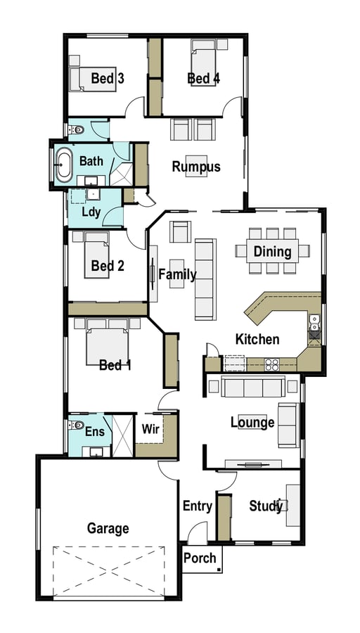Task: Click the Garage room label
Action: [x=108, y=528]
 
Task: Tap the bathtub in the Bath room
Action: [x=64, y=165]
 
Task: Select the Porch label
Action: [x=200, y=558]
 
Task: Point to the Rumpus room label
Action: [x=196, y=167]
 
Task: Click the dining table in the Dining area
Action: [x=272, y=250]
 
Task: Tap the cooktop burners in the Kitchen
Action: [x=271, y=364]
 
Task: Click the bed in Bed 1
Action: [x=108, y=343]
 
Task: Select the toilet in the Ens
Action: [x=75, y=425]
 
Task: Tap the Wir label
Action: [x=150, y=429]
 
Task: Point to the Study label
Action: [x=266, y=506]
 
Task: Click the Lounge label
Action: [x=252, y=423]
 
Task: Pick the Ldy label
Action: [x=91, y=212]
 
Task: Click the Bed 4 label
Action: [x=204, y=78]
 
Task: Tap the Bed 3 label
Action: [x=108, y=78]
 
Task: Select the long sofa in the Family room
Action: [x=205, y=279]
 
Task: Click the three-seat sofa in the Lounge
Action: [x=253, y=387]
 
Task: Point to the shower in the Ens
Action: [x=122, y=435]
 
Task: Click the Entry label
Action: [x=198, y=506]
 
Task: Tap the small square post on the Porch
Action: [x=219, y=570]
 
